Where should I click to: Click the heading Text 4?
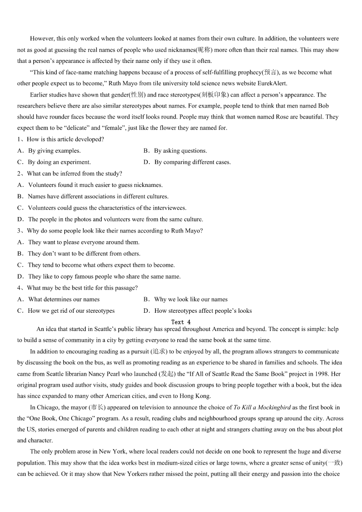tap(181, 322)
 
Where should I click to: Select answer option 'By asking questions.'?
tap(180, 151)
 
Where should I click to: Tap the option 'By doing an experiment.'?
tap(59, 162)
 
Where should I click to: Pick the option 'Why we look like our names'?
tap(191, 300)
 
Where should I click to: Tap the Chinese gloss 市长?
tap(97, 408)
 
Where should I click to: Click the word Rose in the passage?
tap(282, 117)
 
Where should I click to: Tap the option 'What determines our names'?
tap(64, 300)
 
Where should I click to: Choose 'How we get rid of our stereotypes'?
tap(71, 311)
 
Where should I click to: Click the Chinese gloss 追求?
tap(160, 352)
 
